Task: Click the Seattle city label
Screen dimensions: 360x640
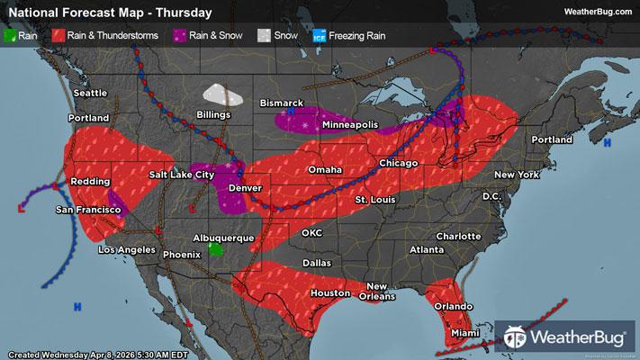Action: click(90, 94)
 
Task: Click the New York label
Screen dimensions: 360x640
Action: click(516, 174)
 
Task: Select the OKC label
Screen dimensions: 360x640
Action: click(312, 232)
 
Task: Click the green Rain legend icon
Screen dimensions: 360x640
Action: click(10, 37)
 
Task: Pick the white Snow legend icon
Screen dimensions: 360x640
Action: click(262, 37)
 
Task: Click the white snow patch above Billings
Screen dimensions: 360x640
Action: click(223, 94)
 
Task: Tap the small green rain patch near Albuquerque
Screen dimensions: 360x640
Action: click(215, 249)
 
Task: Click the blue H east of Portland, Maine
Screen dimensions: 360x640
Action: click(608, 143)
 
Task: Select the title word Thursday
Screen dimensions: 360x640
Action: click(185, 13)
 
